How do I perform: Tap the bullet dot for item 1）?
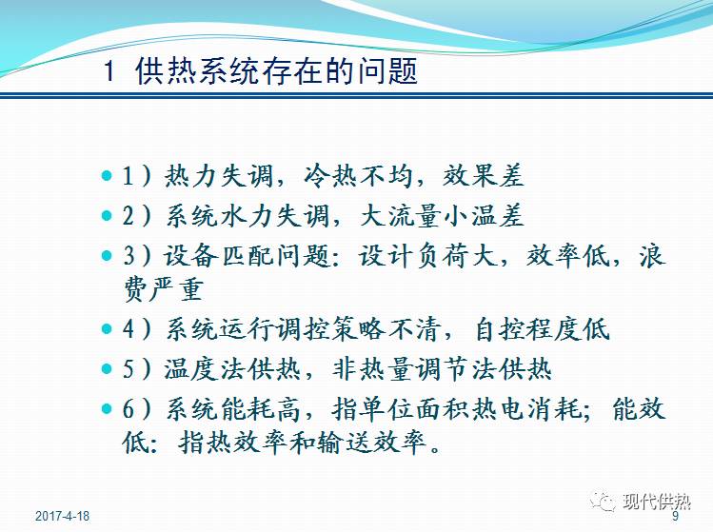point(106,177)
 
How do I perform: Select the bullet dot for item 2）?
point(106,216)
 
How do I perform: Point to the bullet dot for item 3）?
point(106,255)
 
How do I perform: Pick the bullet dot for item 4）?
point(106,329)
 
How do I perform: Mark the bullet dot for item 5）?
point(106,368)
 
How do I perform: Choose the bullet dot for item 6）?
point(106,408)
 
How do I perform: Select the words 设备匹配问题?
point(222,255)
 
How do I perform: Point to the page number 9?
point(676,518)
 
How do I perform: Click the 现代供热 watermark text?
point(656,503)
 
